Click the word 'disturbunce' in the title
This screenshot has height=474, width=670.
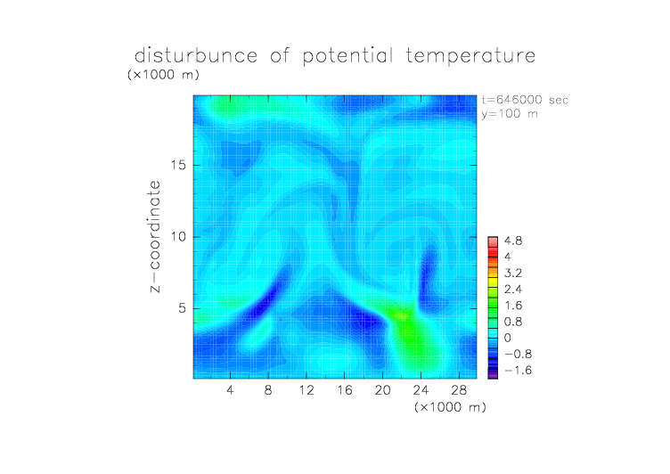196,55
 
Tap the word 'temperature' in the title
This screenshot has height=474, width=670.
470,56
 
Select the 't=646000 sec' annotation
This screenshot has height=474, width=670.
525,100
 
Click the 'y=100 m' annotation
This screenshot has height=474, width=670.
510,114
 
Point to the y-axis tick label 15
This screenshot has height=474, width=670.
178,166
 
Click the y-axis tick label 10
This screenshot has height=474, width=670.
178,237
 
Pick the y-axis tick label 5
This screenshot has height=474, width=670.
183,308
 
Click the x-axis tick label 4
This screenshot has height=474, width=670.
230,389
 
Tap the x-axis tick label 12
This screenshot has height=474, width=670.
306,389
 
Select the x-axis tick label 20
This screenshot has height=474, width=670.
382,389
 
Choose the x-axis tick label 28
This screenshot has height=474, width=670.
459,389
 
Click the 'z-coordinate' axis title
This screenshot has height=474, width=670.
155,237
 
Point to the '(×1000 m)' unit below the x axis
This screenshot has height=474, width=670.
450,407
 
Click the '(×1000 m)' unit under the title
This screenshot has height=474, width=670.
163,74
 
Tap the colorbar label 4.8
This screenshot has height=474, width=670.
513,241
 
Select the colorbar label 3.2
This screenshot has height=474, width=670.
513,274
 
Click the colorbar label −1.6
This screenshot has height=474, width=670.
518,370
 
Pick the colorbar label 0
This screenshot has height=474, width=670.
508,338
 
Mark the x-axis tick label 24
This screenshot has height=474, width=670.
421,389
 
